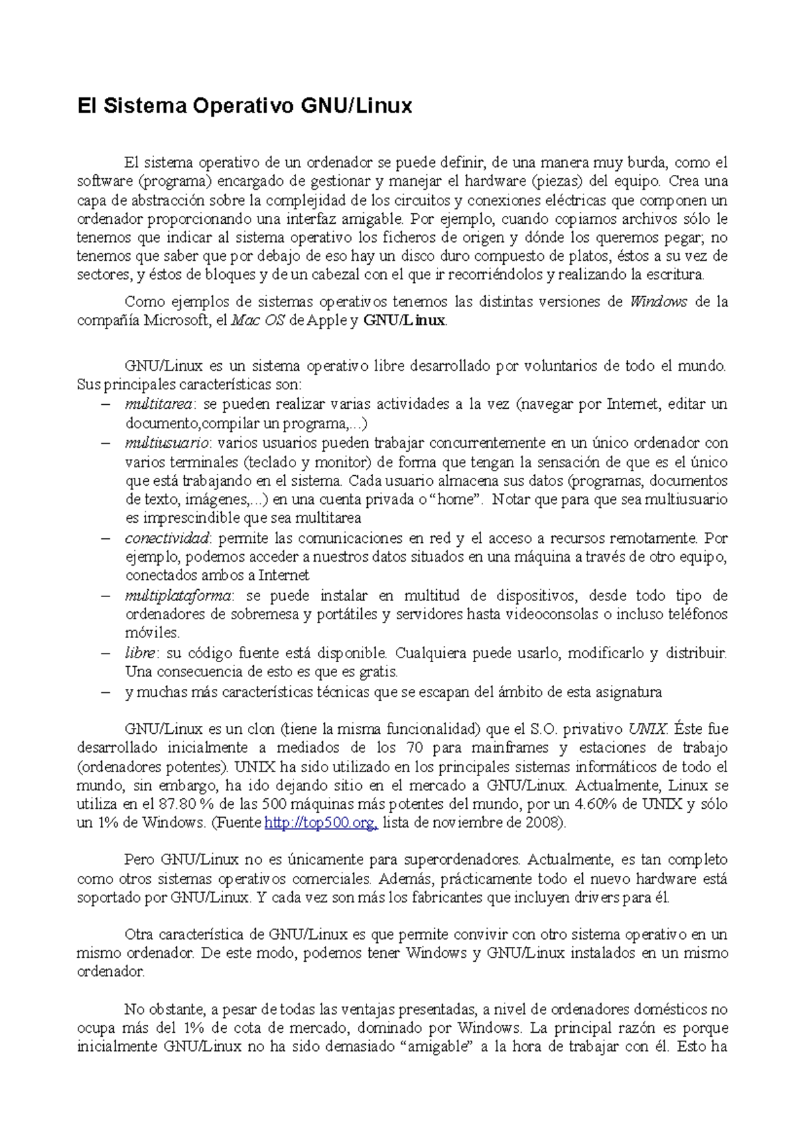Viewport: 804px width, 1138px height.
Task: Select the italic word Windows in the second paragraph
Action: (x=659, y=302)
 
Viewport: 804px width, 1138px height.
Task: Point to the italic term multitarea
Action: (x=158, y=404)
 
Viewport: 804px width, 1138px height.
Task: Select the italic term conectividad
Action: (x=167, y=538)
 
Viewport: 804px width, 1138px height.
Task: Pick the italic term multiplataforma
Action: (x=178, y=596)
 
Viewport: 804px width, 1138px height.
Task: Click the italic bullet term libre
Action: (x=140, y=653)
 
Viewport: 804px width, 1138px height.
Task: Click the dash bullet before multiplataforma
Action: (x=105, y=596)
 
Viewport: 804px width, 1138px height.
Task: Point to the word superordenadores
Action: (x=462, y=860)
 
